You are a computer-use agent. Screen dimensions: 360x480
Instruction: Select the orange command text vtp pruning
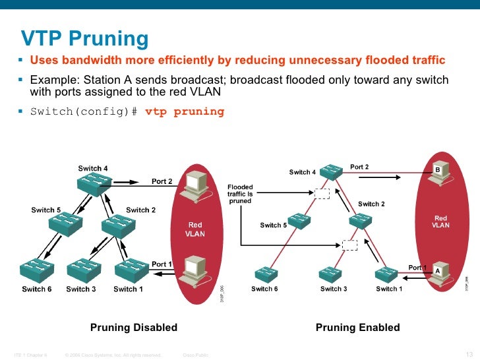(185, 111)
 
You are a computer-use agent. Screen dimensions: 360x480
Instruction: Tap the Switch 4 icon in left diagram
(93, 185)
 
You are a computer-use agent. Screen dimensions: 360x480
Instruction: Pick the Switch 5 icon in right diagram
(299, 221)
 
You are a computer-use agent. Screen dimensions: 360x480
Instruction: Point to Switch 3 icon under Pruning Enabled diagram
(332, 274)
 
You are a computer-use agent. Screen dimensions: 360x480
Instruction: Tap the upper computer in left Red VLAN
(196, 187)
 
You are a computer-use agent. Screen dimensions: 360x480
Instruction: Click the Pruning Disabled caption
(134, 328)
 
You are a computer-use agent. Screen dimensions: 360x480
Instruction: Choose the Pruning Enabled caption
(358, 328)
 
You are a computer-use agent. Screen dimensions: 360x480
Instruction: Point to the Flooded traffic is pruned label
(240, 194)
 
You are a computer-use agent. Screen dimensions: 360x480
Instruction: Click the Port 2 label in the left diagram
(162, 181)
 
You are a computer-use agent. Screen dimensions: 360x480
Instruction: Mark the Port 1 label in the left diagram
(162, 264)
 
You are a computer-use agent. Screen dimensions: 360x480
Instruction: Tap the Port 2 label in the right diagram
(359, 167)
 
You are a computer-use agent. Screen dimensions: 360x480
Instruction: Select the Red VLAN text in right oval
(440, 222)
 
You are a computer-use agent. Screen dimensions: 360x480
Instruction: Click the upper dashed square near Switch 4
(322, 193)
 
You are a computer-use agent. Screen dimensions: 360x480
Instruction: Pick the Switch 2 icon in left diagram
(113, 225)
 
